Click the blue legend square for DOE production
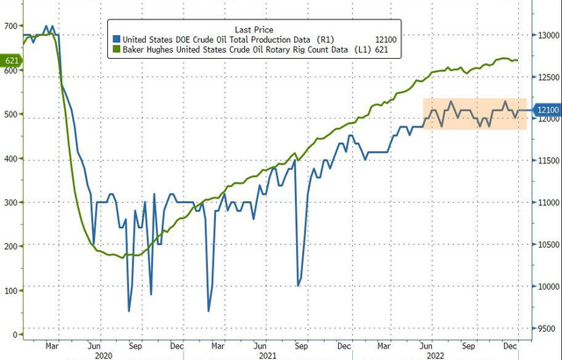tap(116, 40)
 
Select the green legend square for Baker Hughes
tap(116, 51)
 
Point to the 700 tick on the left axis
tap(11, 26)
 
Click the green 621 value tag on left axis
tap(11, 61)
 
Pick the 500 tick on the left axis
tap(11, 114)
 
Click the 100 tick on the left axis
tap(11, 290)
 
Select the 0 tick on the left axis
tap(16, 335)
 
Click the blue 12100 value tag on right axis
tap(548, 111)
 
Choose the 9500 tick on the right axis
tap(548, 328)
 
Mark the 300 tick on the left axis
tap(11, 202)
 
